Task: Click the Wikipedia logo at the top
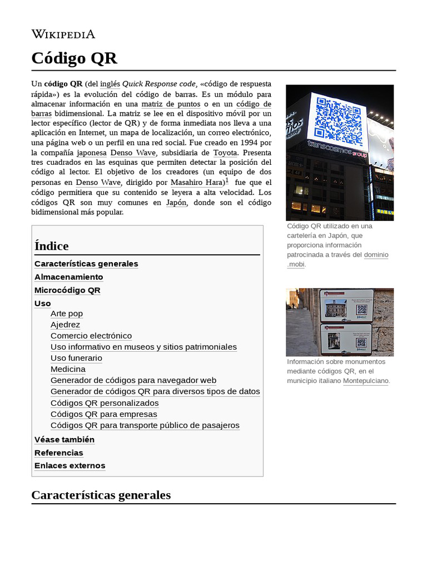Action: (63, 34)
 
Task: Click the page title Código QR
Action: (74, 58)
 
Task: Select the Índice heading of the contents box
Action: (51, 245)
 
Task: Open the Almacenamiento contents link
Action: (68, 277)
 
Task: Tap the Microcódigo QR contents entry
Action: (67, 290)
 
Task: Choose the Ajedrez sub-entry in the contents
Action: (65, 325)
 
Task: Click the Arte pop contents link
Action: (66, 313)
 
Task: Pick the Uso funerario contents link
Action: (76, 358)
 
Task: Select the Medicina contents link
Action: (68, 369)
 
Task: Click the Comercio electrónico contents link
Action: (91, 336)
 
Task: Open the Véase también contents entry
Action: (64, 439)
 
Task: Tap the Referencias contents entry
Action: (58, 453)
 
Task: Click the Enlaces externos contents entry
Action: (69, 465)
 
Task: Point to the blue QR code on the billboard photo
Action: (337, 117)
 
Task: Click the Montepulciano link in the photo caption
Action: (365, 381)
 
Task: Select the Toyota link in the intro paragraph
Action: (225, 153)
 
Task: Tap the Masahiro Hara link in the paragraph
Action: (197, 183)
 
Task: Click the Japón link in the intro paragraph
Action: (176, 203)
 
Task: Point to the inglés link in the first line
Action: (110, 84)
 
